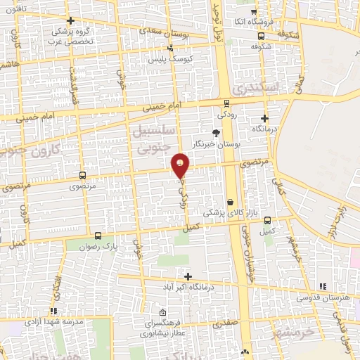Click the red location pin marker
pos(181,166)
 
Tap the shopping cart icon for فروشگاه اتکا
pos(254,12)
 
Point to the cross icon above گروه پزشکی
pos(70,20)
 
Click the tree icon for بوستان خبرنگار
pos(216,132)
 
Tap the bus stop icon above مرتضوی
pos(83,175)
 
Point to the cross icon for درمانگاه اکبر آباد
pos(187,276)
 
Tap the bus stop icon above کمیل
pos(266,219)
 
